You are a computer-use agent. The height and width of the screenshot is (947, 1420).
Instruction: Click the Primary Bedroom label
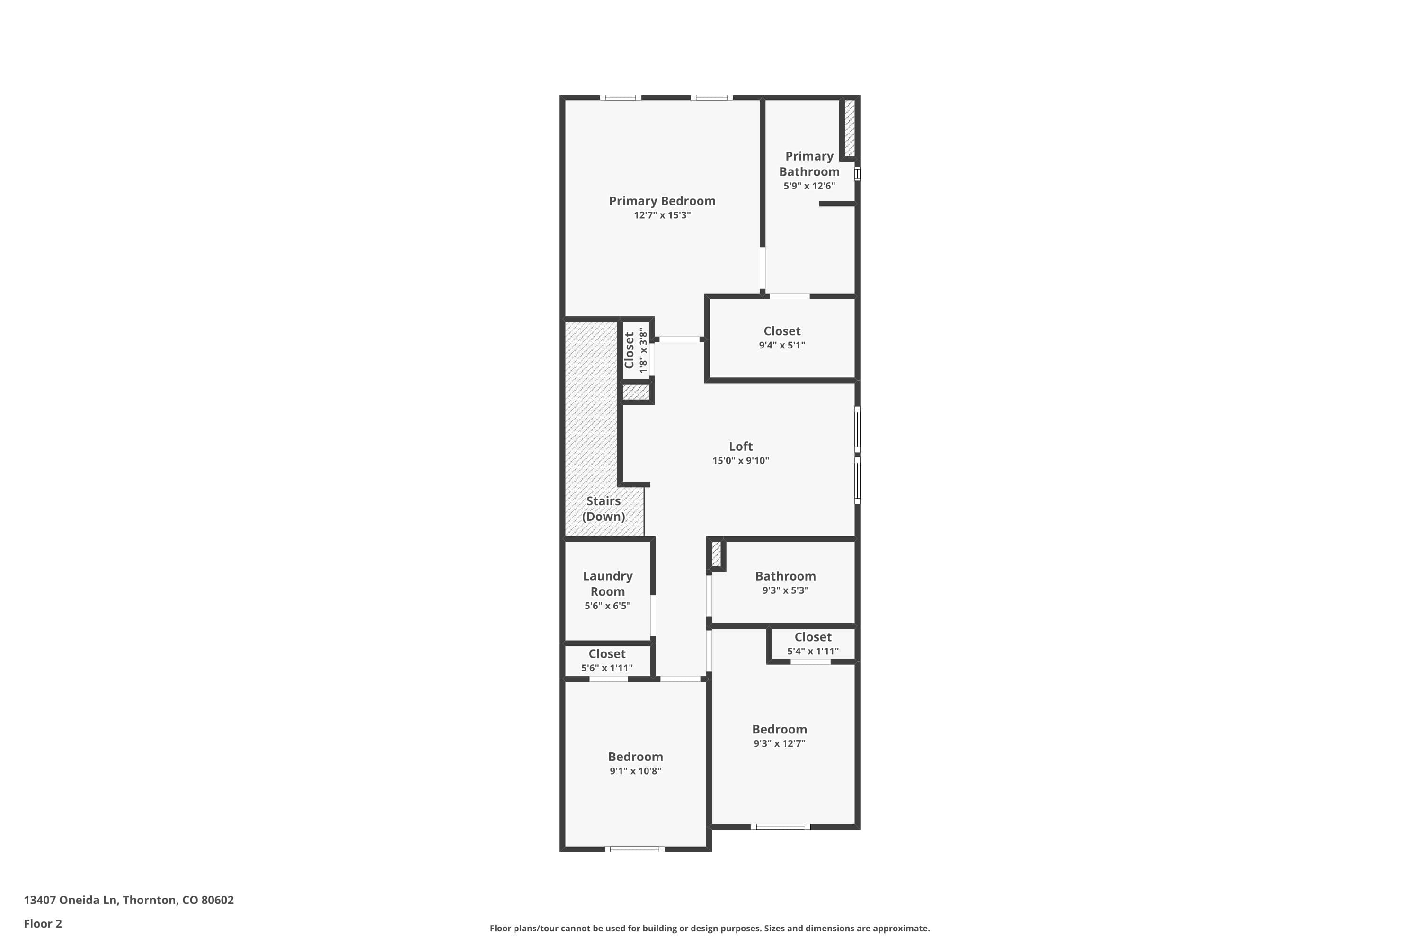coord(662,201)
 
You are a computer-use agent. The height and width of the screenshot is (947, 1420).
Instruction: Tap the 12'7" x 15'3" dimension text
coord(662,215)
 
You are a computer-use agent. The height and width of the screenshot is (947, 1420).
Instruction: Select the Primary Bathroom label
coord(809,164)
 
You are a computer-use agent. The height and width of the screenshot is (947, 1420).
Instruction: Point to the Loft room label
coord(740,447)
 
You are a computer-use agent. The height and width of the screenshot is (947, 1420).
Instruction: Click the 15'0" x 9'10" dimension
coord(740,461)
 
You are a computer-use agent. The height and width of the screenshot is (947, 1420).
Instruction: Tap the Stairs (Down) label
coord(603,509)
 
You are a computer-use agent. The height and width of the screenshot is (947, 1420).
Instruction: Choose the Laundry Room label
coord(607,583)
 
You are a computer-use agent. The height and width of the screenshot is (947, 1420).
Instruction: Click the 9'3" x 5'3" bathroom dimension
coord(785,590)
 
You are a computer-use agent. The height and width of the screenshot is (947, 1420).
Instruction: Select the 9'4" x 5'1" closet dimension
coord(782,346)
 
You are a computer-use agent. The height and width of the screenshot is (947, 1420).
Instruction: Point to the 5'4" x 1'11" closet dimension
coord(813,651)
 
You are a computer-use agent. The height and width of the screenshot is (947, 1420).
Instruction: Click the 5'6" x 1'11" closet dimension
coord(607,668)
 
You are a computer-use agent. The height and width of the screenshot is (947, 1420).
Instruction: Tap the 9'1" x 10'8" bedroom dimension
coord(635,771)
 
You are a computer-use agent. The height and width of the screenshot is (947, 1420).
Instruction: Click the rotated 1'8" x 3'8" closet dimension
coord(644,350)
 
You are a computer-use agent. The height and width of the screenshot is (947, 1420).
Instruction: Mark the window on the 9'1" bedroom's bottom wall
coord(635,849)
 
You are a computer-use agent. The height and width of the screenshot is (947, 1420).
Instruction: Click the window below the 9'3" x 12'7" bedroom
coord(780,827)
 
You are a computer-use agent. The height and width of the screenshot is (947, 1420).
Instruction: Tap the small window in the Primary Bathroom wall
coord(857,174)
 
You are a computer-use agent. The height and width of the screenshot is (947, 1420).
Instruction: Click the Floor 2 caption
coord(43,923)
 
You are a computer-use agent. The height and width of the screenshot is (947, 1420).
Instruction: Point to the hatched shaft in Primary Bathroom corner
coord(850,128)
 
